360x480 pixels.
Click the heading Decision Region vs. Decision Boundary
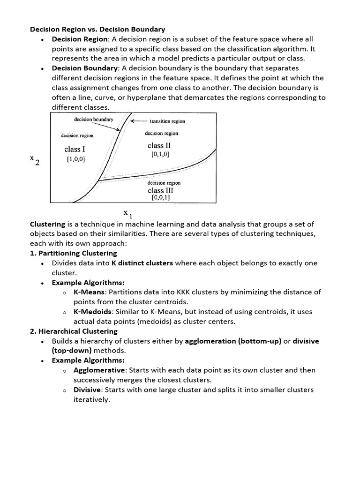(x=97, y=29)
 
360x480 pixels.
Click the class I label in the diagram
(x=75, y=149)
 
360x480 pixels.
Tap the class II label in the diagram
(x=159, y=145)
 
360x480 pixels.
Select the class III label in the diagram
(x=160, y=190)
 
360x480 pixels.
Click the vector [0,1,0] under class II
(x=160, y=154)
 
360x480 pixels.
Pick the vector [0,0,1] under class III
(x=160, y=198)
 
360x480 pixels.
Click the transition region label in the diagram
(x=167, y=121)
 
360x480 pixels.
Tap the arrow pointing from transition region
(x=138, y=121)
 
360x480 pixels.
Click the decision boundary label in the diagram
(x=94, y=119)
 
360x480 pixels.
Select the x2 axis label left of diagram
(x=35, y=160)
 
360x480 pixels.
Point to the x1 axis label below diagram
(x=127, y=214)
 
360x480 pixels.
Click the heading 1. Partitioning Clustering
(x=74, y=253)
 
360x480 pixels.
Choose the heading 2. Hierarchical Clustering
(x=74, y=331)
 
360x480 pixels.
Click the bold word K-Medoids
(x=92, y=311)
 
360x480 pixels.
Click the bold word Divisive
(x=88, y=390)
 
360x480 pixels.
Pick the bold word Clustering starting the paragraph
(x=47, y=224)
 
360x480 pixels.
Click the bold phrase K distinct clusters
(x=142, y=263)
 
